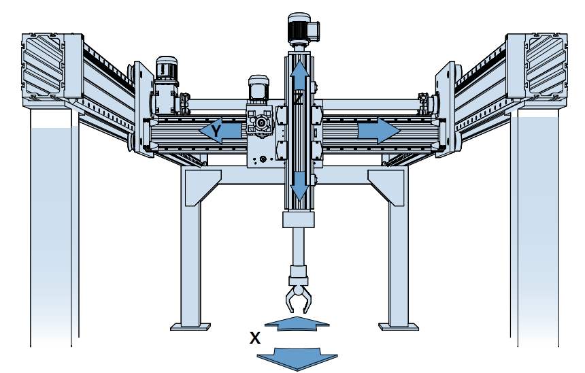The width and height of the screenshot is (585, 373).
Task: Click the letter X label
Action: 255,338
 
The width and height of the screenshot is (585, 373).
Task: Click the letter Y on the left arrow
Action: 216,131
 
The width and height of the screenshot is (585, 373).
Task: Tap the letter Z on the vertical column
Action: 298,99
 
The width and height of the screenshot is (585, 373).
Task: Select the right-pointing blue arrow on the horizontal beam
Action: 379,131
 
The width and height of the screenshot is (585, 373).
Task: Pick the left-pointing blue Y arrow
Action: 220,131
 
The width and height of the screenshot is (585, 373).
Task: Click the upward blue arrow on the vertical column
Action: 299,75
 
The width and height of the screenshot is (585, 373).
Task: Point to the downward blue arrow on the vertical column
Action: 299,186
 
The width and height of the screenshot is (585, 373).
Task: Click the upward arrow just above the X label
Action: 297,323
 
